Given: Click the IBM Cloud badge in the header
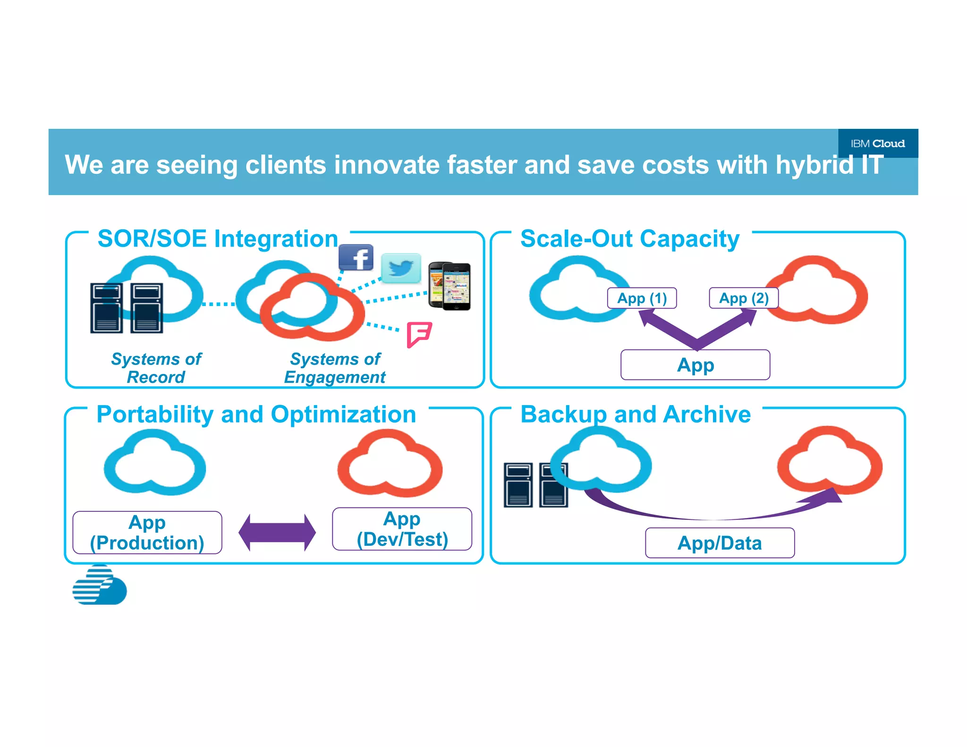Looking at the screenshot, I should [x=877, y=143].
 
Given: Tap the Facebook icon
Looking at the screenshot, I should [x=356, y=258].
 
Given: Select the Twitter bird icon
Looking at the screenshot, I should [x=401, y=268].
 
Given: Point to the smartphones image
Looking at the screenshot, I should [x=450, y=286].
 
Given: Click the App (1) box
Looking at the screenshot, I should [x=642, y=298].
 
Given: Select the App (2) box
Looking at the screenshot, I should [x=743, y=298].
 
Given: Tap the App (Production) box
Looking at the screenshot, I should [x=147, y=532].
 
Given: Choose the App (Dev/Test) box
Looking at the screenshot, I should [x=402, y=529].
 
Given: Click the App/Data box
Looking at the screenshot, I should [x=720, y=543].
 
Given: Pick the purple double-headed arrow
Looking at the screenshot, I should [x=277, y=532].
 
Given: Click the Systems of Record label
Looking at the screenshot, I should [x=156, y=368].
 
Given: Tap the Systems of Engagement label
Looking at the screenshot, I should [x=335, y=368].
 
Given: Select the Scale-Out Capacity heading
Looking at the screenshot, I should [x=629, y=238].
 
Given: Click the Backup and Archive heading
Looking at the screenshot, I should [x=635, y=414].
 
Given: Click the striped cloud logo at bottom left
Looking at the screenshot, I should [x=100, y=586].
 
